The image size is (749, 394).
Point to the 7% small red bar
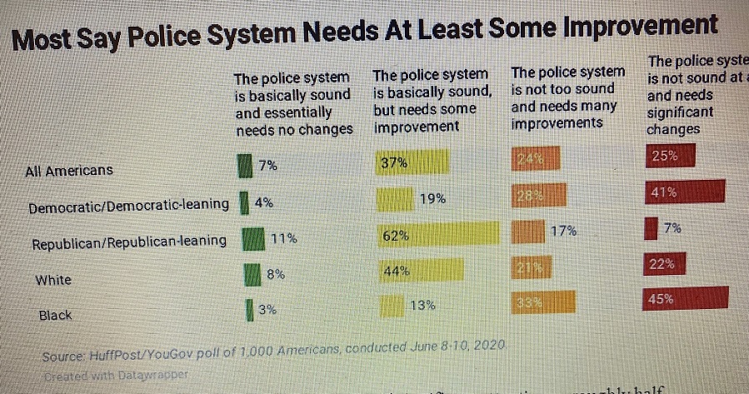point(652,228)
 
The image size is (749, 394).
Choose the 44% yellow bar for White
point(420,271)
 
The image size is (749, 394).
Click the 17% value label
point(564,231)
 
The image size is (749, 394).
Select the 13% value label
point(422,305)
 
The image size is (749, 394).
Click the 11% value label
point(283,238)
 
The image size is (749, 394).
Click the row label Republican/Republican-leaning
point(129,242)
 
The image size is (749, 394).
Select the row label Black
point(56,316)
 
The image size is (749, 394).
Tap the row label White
point(53,280)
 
